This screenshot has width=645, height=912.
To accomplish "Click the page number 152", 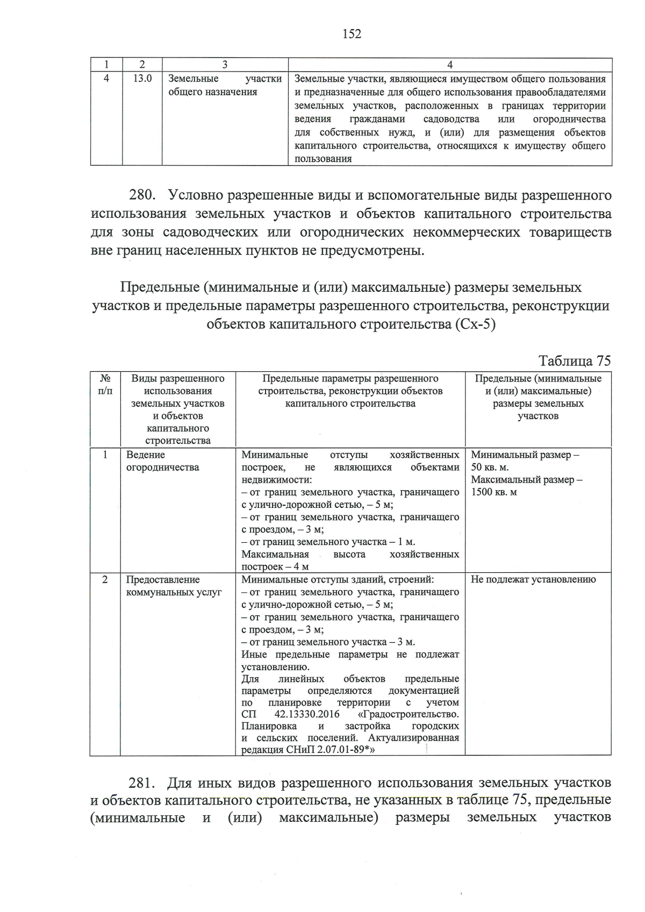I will coord(352,34).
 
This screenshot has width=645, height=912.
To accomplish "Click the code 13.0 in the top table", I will coord(142,78).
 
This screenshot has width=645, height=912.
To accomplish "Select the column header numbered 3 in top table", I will coord(225,65).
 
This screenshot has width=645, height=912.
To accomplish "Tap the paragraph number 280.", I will coord(145,195).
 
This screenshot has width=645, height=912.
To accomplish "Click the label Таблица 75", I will coord(575,361).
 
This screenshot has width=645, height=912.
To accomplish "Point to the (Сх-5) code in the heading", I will coord(475,325).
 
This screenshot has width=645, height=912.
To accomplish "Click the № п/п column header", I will coord(105,384).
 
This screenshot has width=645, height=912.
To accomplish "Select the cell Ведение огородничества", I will coord(162,461).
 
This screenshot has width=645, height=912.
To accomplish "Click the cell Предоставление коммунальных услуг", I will coord(174,586).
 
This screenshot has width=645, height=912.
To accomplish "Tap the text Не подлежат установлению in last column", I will coord(533,579).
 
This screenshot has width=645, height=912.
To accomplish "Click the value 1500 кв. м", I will coord(494,492).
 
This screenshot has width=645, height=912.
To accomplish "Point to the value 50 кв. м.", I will coord(490,468).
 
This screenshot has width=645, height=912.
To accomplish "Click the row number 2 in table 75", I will coord(105,579).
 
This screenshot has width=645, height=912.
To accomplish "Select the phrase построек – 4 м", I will coord(275,567).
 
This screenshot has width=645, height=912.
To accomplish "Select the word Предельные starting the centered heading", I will coord(159,288).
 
